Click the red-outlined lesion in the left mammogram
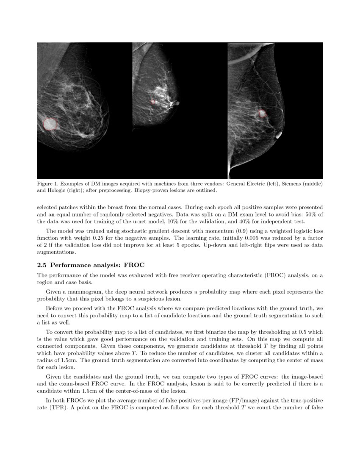point(50,123)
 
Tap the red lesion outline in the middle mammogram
point(153,102)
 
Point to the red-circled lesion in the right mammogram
point(262,113)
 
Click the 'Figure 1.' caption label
point(47,184)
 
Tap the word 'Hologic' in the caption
point(57,191)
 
